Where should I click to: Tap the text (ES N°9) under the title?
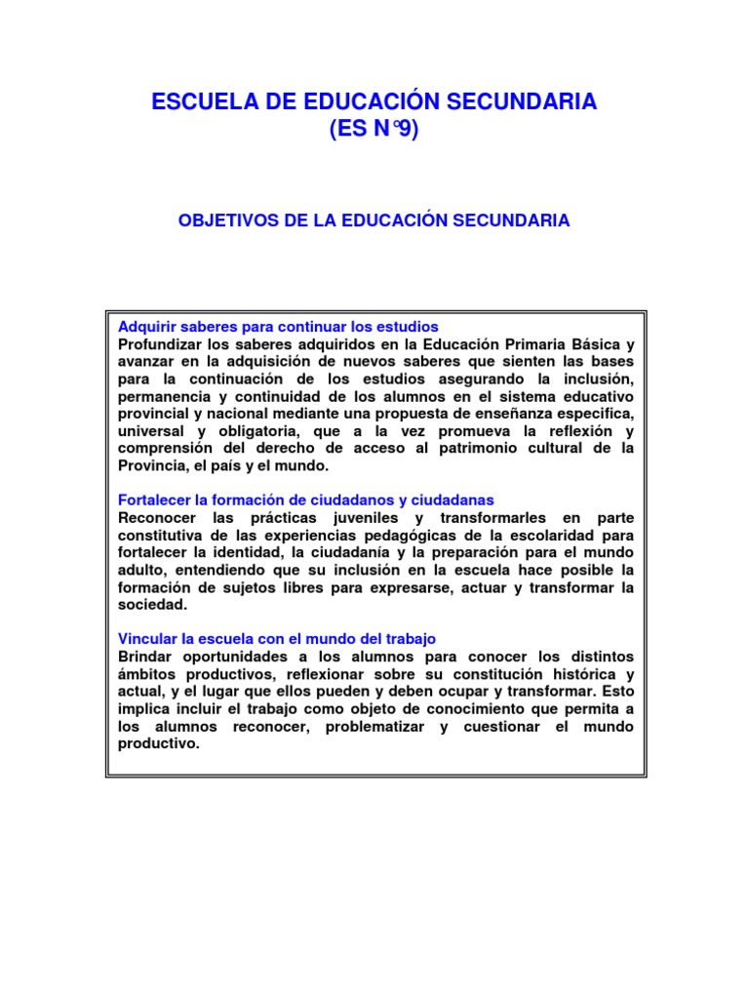click(x=374, y=131)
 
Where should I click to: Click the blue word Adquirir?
click(x=145, y=326)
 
